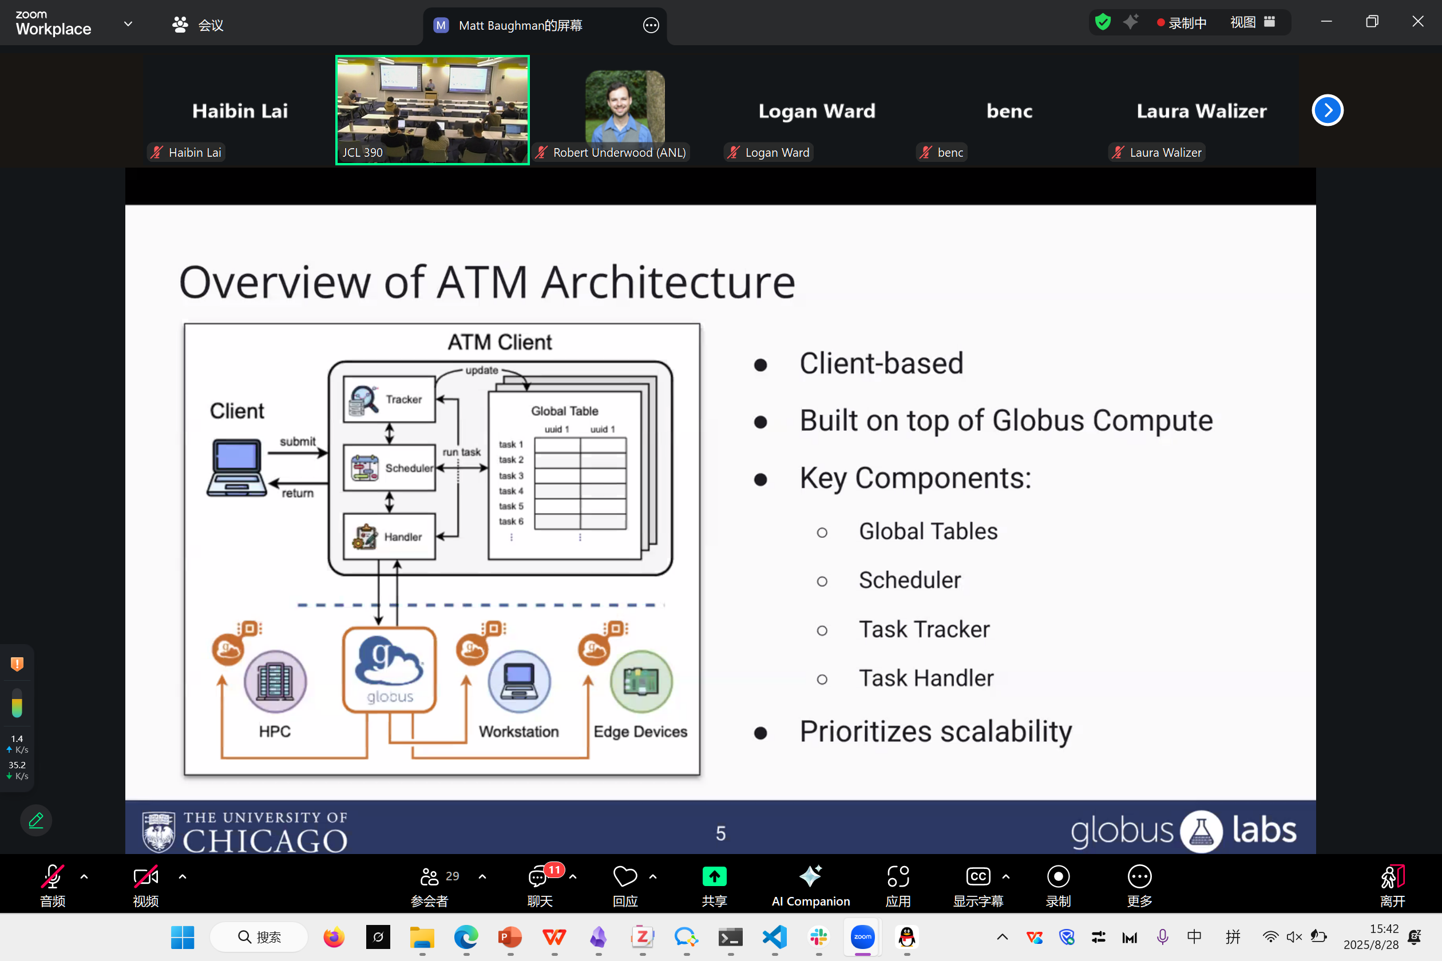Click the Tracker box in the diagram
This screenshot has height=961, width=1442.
389,400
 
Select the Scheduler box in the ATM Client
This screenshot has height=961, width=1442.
389,468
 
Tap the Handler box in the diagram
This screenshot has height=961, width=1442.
389,537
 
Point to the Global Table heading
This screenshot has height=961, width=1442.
565,411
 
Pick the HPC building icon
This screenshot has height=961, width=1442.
275,681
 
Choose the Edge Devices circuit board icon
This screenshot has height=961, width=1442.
641,681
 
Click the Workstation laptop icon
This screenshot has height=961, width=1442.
520,681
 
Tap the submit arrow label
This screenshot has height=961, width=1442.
298,441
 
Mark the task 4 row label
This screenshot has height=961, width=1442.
510,491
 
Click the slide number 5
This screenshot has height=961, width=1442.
721,833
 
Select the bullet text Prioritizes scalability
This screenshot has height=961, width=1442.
936,732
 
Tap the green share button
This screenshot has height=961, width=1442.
714,876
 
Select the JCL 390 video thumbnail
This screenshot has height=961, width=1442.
432,110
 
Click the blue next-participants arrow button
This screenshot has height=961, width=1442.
1328,110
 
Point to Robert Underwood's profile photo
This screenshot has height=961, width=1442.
625,105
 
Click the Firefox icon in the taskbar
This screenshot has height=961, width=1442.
334,937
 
